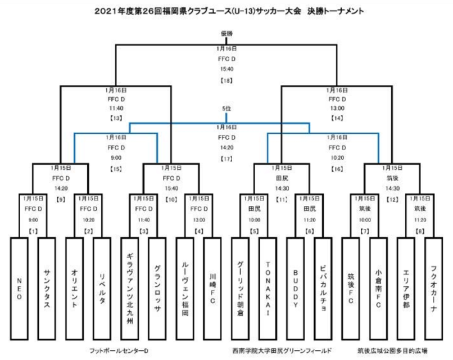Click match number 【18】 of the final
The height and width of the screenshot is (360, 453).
226,81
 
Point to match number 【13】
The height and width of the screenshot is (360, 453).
116,119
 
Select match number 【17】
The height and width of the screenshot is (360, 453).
226,159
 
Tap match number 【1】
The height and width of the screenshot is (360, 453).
33,232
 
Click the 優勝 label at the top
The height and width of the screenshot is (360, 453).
226,34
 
